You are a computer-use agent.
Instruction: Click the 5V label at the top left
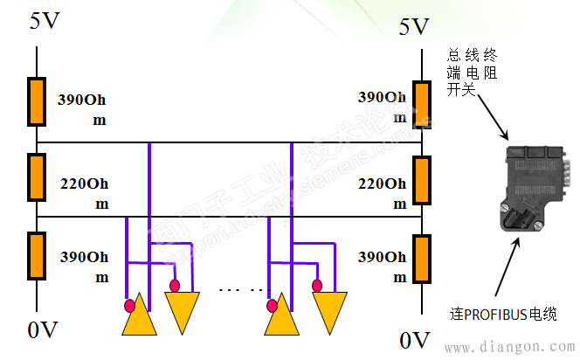pyautogui.click(x=45, y=20)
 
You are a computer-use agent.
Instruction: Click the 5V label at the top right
pyautogui.click(x=415, y=26)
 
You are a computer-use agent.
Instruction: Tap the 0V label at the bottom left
pyautogui.click(x=43, y=330)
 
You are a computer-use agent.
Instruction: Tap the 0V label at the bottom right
pyautogui.click(x=415, y=338)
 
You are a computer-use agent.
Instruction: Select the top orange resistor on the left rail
pyautogui.click(x=37, y=100)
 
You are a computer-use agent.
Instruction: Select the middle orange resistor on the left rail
pyautogui.click(x=37, y=177)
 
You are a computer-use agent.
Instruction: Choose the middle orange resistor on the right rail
pyautogui.click(x=423, y=179)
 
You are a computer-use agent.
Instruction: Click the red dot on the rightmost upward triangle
pyautogui.click(x=273, y=306)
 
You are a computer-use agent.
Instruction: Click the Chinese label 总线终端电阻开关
pyautogui.click(x=473, y=73)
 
